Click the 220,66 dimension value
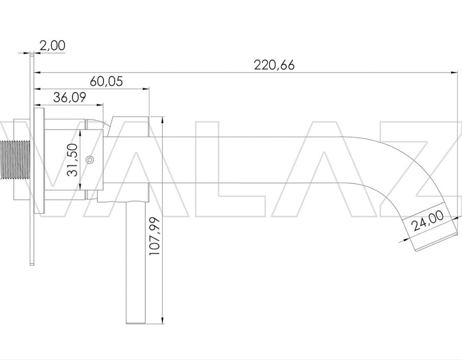point(274,65)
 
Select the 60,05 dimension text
point(106,81)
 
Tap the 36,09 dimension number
point(70,97)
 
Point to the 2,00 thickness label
point(53,46)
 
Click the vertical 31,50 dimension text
point(73,160)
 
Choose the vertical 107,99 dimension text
point(154,236)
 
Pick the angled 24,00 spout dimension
point(428,221)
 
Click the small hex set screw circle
point(90,160)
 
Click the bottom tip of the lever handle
point(136,323)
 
